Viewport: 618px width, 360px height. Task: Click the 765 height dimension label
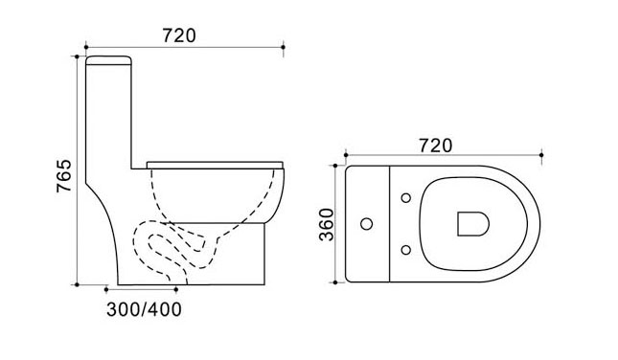pyautogui.click(x=64, y=175)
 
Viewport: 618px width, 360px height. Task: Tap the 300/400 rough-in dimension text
pyautogui.click(x=145, y=309)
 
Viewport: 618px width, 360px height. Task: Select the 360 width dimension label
pyautogui.click(x=327, y=224)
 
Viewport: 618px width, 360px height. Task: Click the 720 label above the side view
pyautogui.click(x=179, y=35)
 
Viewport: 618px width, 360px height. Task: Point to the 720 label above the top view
pyautogui.click(x=436, y=146)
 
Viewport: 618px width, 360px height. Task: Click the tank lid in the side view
pyautogui.click(x=108, y=60)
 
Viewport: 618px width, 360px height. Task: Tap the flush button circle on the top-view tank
pyautogui.click(x=367, y=224)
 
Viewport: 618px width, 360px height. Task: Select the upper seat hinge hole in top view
pyautogui.click(x=406, y=198)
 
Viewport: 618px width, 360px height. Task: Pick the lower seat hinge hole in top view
pyautogui.click(x=406, y=250)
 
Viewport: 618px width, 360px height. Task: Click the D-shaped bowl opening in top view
pyautogui.click(x=473, y=224)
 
